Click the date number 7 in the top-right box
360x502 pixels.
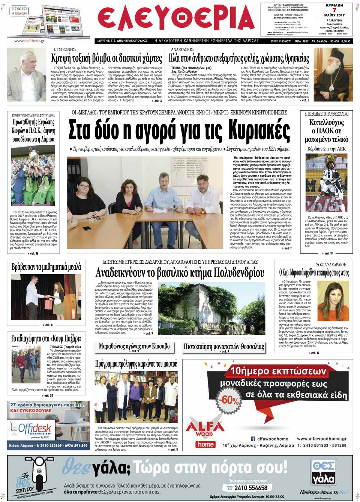point(334,11)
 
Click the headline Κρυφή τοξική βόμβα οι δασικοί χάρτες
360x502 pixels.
point(106,59)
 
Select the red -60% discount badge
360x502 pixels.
point(229,400)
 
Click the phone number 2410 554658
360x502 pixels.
point(251,488)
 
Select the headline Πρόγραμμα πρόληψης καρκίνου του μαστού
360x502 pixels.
point(136,364)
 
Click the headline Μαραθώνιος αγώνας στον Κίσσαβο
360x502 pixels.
point(134,346)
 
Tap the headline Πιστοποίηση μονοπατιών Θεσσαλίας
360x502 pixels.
point(223,346)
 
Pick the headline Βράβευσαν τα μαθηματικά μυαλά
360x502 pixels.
point(46,267)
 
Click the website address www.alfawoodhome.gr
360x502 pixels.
point(321,439)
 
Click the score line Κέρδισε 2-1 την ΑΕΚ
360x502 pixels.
point(326,149)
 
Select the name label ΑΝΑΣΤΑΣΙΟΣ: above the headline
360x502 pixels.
point(182,50)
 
